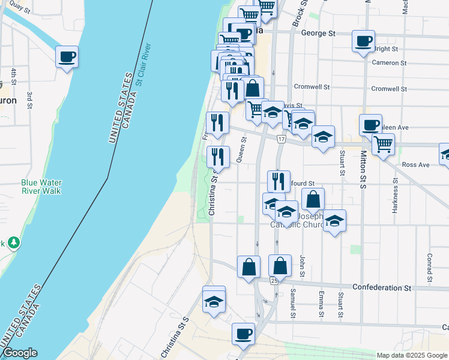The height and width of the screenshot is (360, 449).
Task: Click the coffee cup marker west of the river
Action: (x=67, y=57)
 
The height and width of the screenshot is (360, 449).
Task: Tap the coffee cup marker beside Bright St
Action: (x=363, y=41)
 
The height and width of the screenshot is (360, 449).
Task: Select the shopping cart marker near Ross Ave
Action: (x=383, y=144)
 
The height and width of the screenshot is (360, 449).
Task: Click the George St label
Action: (x=318, y=34)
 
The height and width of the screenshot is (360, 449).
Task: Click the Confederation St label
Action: (x=381, y=288)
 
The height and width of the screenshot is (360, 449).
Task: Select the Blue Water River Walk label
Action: (x=41, y=187)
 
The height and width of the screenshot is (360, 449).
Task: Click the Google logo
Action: (x=20, y=353)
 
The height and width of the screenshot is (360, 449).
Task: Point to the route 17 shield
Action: (x=281, y=139)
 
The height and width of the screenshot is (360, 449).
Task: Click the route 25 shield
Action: (x=274, y=280)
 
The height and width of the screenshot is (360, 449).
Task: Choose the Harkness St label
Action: (x=396, y=195)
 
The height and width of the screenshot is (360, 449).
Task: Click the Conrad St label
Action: (x=430, y=267)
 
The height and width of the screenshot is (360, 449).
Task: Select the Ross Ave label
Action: (x=416, y=164)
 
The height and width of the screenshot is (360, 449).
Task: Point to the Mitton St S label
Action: (x=364, y=170)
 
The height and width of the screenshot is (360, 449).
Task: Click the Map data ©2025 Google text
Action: (x=411, y=355)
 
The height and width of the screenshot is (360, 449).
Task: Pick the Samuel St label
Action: (x=293, y=303)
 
